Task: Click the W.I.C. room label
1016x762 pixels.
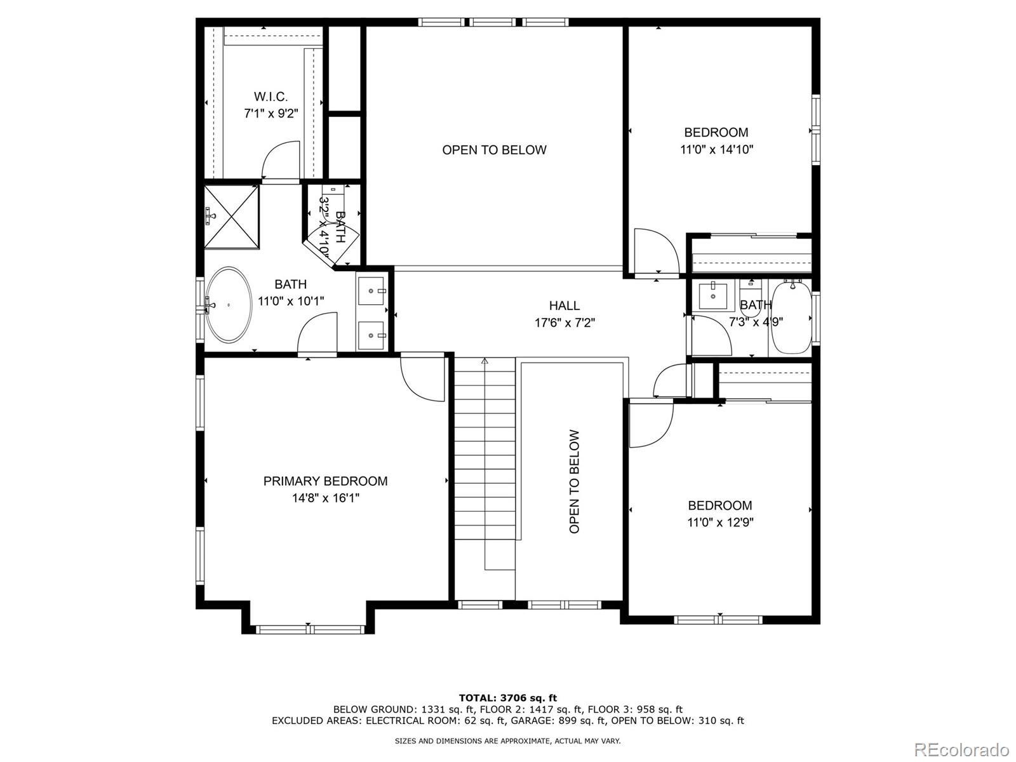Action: coord(271,97)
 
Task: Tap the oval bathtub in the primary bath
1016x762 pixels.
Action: coord(229,304)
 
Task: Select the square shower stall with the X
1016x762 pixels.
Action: coord(231,217)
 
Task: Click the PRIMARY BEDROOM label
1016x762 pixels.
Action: coord(325,481)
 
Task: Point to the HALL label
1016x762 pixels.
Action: coord(565,305)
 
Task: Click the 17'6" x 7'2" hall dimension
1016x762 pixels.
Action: coord(565,323)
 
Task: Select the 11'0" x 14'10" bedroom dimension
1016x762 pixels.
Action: coord(716,149)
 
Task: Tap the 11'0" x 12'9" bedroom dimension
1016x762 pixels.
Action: coord(720,523)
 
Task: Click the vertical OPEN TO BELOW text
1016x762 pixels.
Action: coord(574,481)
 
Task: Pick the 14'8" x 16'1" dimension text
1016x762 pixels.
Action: coord(325,498)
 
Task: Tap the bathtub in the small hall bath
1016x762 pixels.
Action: coord(792,317)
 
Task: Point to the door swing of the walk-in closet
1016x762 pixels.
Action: coord(281,159)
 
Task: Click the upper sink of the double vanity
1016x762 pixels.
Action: coord(371,291)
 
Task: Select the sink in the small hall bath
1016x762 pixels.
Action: coord(713,295)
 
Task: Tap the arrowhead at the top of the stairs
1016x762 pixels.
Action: coord(485,361)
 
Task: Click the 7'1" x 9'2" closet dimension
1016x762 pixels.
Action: coord(271,114)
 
